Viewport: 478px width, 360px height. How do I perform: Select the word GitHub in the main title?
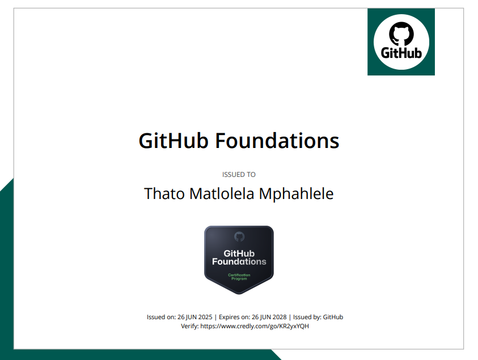coord(174,140)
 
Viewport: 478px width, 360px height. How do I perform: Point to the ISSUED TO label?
coord(239,175)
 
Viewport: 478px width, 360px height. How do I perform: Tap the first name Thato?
coord(164,193)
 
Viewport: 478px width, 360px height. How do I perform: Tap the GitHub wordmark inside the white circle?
coord(401,53)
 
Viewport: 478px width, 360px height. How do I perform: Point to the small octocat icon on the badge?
coord(239,236)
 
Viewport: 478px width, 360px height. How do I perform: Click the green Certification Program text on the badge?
coord(239,277)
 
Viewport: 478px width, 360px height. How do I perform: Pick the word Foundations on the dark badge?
coord(239,261)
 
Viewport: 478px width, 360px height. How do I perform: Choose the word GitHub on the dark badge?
coord(239,253)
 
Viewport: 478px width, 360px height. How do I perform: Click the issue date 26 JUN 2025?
coord(196,317)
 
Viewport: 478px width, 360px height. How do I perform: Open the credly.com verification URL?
coord(255,326)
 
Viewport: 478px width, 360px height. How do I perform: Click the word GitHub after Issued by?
coord(333,317)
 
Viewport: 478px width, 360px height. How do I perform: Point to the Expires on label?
coord(233,317)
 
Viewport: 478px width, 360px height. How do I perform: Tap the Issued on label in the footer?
coord(161,317)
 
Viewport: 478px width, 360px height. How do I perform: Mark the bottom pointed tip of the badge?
coord(239,293)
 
